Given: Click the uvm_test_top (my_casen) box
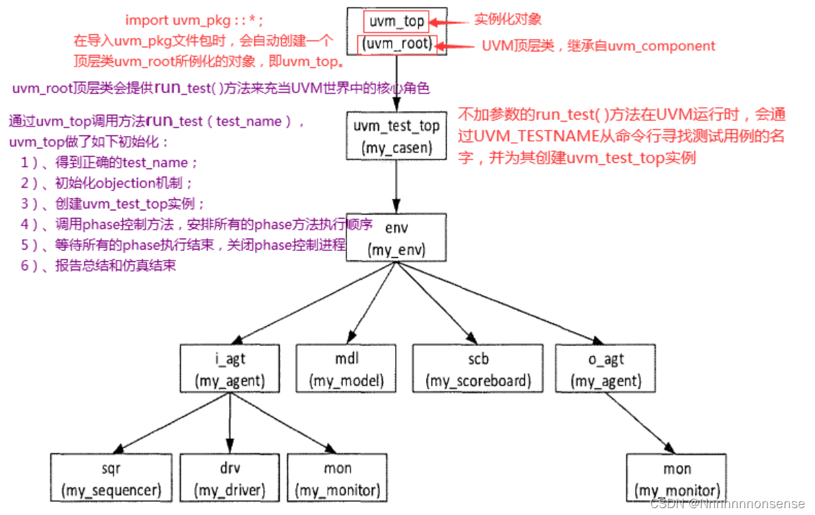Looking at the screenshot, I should point(397,137).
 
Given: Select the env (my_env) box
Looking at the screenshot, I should point(397,237).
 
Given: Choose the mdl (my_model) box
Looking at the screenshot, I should point(346,369).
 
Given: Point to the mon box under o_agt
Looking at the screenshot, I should point(677,479).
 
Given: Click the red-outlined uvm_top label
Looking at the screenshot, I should point(397,21).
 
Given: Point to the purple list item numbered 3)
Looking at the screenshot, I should point(113,204).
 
